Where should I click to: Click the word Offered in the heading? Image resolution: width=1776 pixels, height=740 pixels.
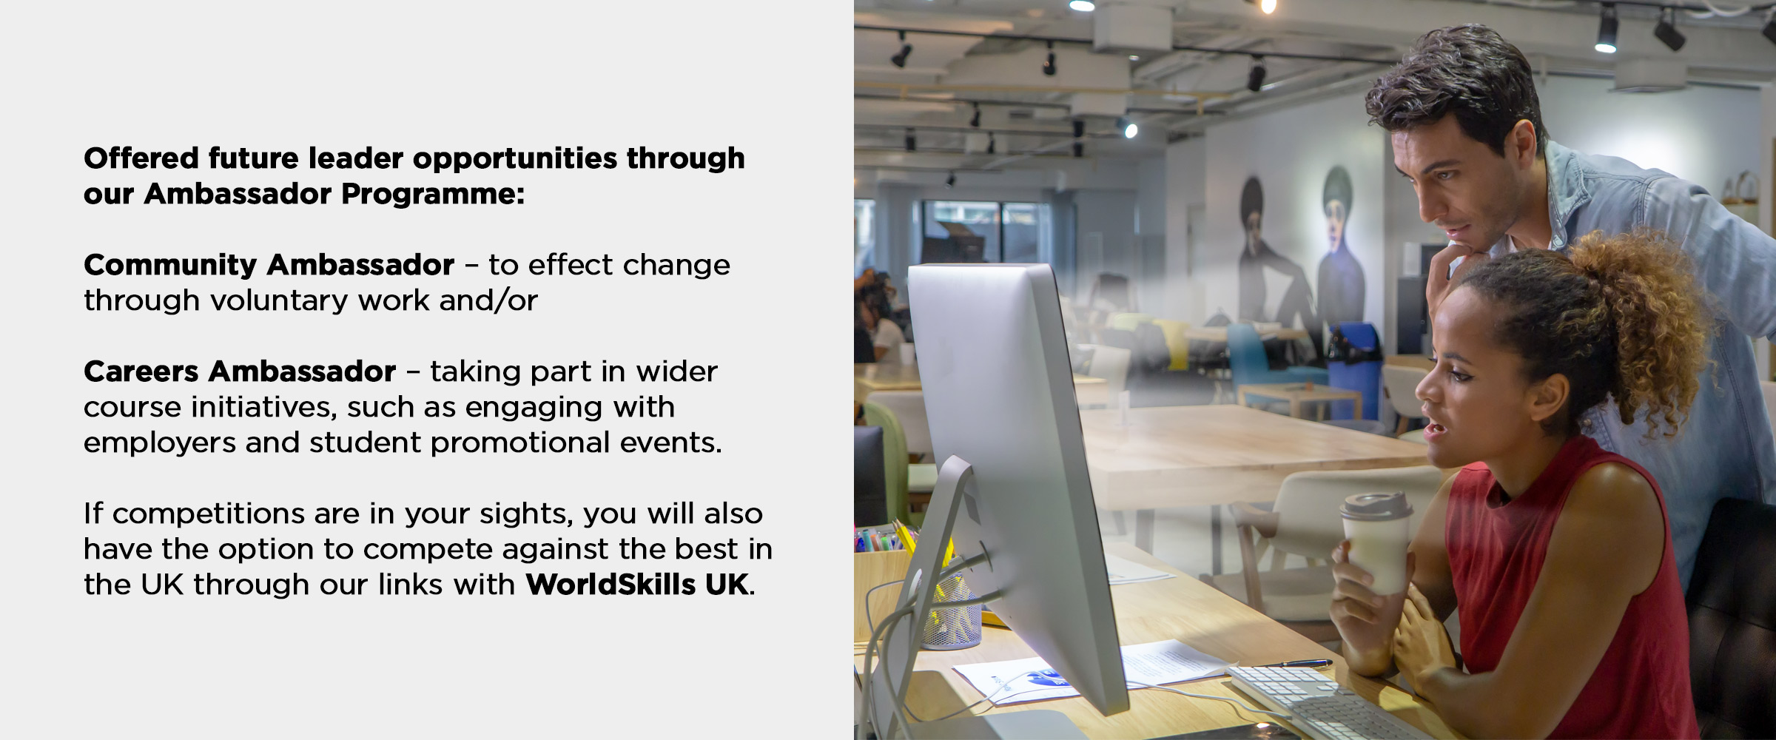click(141, 158)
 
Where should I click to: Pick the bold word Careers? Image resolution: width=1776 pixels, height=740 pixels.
click(141, 371)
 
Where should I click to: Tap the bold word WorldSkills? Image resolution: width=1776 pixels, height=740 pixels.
click(610, 585)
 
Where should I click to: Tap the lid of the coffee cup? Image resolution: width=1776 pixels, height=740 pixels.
click(1376, 505)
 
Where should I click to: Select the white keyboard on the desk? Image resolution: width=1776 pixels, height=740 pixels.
click(1325, 703)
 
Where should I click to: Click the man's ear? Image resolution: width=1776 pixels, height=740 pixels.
click(1523, 148)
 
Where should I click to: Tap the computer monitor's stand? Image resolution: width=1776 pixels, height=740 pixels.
click(925, 592)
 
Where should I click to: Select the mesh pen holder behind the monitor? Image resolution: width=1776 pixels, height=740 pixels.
click(951, 614)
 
